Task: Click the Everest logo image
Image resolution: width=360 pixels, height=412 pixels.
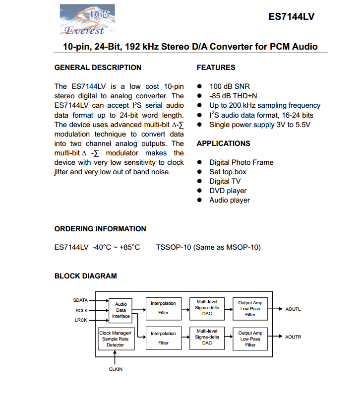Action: (87, 20)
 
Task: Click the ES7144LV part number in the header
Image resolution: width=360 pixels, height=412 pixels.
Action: (291, 16)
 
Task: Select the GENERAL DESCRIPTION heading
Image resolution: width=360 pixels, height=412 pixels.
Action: (98, 68)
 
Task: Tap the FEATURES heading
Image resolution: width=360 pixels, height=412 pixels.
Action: (216, 68)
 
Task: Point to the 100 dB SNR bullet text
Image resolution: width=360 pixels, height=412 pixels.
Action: (230, 86)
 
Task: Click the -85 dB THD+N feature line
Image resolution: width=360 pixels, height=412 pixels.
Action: (233, 96)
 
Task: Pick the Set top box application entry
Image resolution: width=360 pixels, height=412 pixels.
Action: (228, 172)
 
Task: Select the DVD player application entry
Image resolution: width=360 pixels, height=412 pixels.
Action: (228, 191)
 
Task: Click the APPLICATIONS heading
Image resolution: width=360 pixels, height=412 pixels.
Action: (223, 143)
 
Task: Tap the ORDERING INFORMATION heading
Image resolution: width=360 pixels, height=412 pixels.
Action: (100, 229)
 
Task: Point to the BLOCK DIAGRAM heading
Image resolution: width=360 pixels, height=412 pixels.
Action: (85, 276)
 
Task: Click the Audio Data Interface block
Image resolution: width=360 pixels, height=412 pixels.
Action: (121, 310)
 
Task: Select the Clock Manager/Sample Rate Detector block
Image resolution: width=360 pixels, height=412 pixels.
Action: (116, 339)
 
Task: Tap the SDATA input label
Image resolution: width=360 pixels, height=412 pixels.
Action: (80, 300)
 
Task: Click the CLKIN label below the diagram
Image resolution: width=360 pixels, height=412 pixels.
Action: (116, 369)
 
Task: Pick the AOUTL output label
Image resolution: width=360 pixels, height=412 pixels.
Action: (293, 309)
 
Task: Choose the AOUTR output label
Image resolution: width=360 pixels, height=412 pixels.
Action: (293, 337)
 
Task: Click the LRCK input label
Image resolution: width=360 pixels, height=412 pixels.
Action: (81, 320)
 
